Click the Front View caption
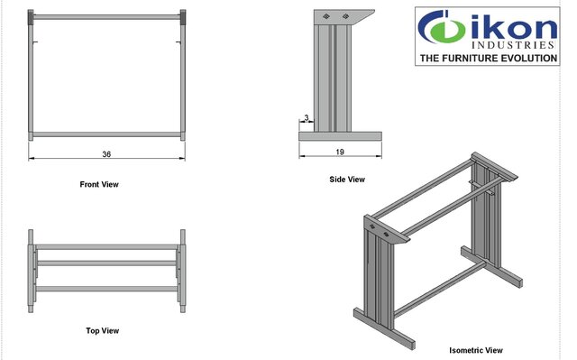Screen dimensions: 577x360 [99, 184]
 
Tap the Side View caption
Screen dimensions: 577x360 [347, 180]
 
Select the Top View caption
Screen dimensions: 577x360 [102, 330]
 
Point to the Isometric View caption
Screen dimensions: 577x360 [476, 350]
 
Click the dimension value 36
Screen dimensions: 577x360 [106, 154]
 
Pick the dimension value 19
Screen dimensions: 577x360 [340, 152]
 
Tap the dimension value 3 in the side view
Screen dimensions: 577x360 [307, 118]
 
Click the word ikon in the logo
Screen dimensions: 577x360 [513, 28]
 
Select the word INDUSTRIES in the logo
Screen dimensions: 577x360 [513, 45]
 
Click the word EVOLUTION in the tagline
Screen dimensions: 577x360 [529, 58]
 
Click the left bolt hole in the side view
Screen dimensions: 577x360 [326, 16]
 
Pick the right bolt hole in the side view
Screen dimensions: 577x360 [345, 16]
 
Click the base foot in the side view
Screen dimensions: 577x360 [340, 136]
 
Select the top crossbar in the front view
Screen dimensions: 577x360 [106, 17]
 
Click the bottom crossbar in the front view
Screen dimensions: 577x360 [106, 134]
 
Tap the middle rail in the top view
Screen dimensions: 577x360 [106, 263]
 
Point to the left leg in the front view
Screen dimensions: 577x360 [31, 75]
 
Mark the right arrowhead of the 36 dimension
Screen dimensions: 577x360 [182, 159]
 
